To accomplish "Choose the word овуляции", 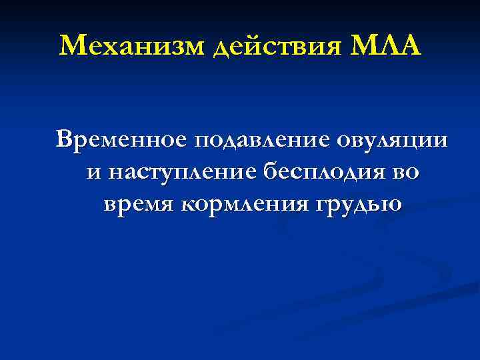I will pos(393,141).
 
